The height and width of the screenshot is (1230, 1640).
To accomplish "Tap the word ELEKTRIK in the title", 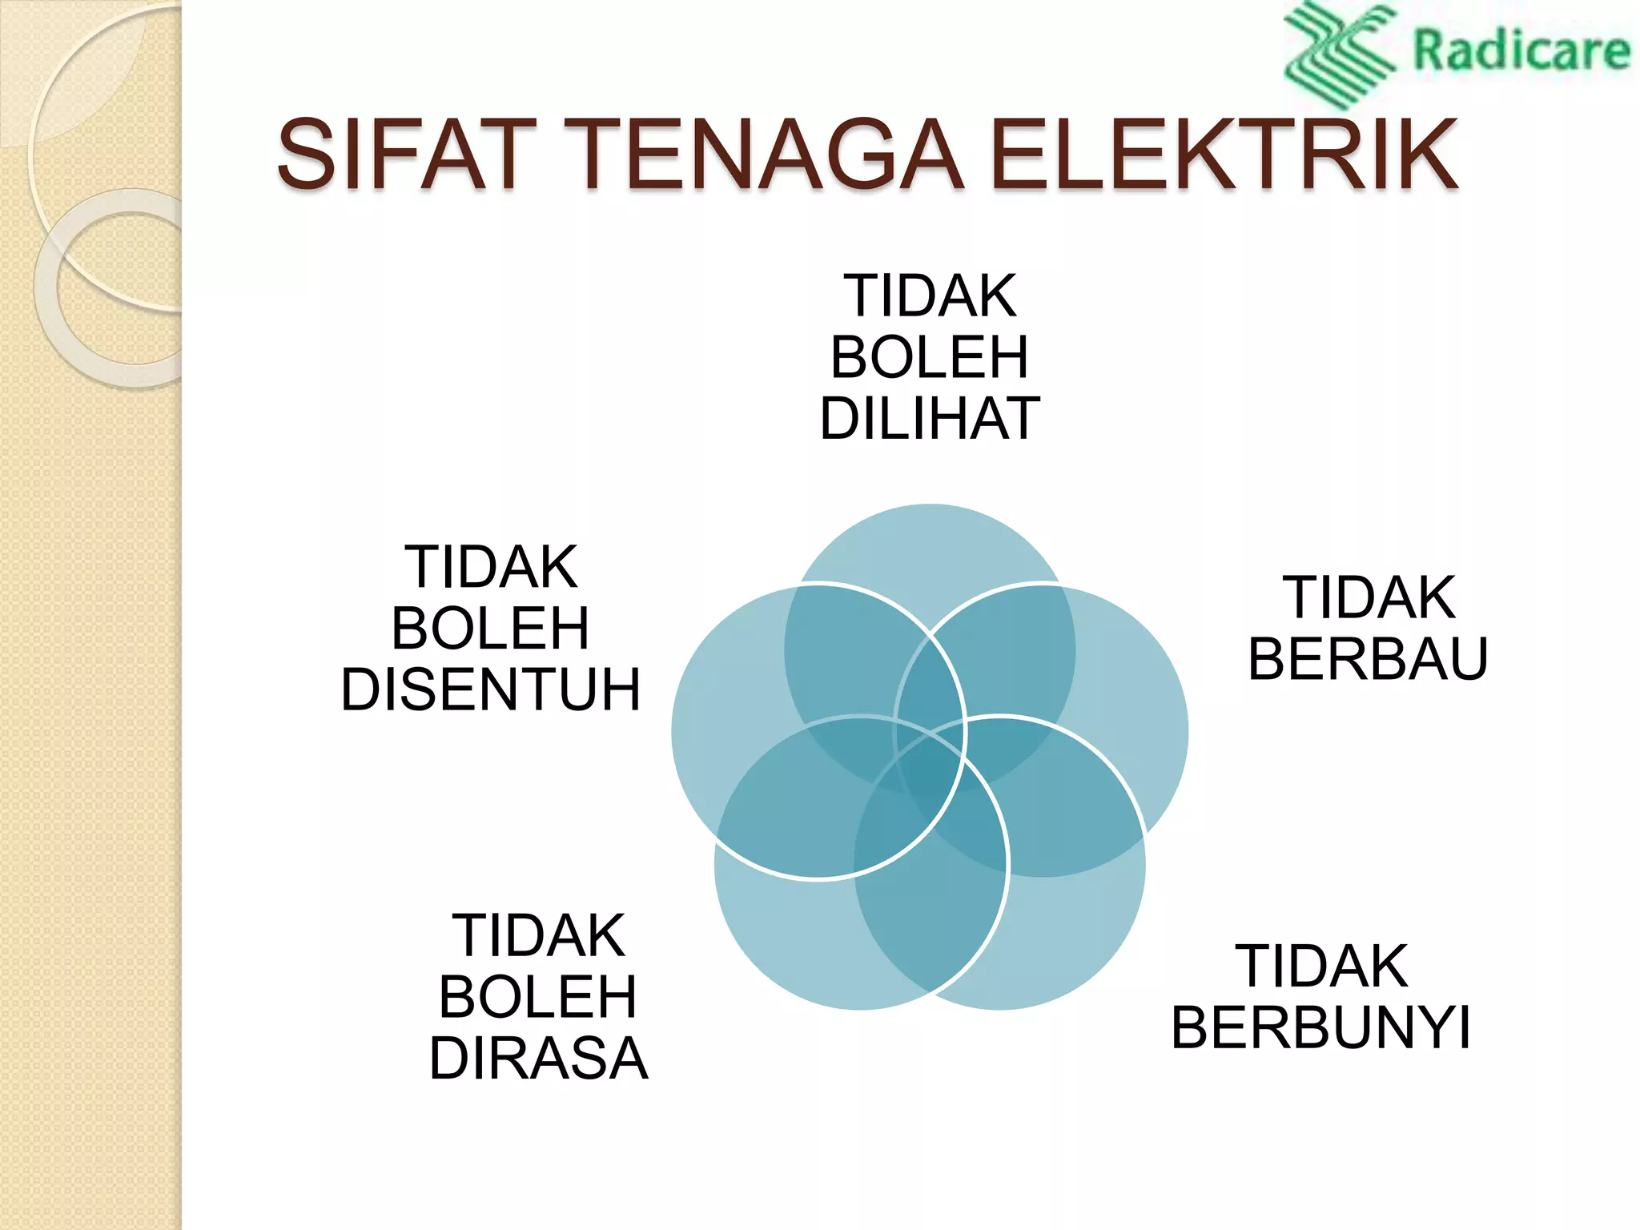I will click(x=1224, y=154).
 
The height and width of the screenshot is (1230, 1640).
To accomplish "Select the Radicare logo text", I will click(x=1521, y=50).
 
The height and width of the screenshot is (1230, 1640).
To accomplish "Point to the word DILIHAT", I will click(x=930, y=419).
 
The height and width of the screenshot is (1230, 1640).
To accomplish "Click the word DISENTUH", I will click(x=491, y=689).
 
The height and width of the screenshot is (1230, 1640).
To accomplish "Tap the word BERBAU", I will click(x=1368, y=659).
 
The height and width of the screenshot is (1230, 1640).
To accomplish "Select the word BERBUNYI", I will click(x=1321, y=1027).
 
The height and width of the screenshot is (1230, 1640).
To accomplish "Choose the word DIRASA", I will click(x=538, y=1059).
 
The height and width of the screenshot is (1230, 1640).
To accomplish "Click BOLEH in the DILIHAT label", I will click(x=930, y=357).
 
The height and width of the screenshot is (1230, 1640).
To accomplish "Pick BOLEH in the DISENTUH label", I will click(x=491, y=629).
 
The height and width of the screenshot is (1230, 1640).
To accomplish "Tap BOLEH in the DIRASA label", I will click(x=538, y=997).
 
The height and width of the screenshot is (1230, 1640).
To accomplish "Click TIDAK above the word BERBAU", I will click(x=1369, y=597).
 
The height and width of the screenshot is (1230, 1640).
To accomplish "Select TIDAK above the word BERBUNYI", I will click(x=1321, y=967).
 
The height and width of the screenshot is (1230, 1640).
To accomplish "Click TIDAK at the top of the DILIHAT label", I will click(x=930, y=296).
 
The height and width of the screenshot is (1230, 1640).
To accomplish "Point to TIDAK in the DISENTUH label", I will click(x=491, y=567).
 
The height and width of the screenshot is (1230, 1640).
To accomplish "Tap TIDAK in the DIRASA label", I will click(x=538, y=935).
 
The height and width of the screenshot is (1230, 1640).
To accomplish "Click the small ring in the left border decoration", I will click(x=112, y=288).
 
